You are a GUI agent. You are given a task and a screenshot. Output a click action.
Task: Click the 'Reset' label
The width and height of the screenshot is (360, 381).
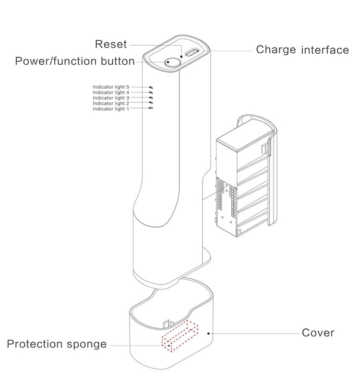click(111, 44)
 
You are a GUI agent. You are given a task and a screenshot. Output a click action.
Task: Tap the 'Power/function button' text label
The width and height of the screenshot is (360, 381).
click(75, 61)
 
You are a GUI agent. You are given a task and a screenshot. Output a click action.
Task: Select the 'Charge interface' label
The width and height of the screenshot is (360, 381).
click(302, 50)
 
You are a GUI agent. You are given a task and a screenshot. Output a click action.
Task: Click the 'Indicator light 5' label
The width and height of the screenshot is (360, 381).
click(111, 87)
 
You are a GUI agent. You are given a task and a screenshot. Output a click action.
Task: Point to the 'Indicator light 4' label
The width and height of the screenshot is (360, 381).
click(111, 93)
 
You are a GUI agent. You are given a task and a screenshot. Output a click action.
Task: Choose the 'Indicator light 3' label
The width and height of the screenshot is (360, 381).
click(111, 98)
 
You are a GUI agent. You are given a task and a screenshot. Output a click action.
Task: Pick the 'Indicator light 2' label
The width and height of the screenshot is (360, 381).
click(111, 103)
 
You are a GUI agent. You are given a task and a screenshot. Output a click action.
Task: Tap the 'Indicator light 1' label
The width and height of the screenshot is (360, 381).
click(111, 109)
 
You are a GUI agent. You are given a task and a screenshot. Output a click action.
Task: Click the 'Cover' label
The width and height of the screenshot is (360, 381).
click(318, 333)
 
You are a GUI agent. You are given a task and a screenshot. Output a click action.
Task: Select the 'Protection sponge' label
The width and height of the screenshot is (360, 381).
click(57, 345)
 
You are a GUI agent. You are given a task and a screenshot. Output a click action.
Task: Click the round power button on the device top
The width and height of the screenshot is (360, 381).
click(171, 61)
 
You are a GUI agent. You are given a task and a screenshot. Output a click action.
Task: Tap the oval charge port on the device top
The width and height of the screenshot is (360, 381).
click(192, 53)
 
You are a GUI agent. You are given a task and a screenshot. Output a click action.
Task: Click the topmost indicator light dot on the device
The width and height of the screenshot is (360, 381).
click(151, 87)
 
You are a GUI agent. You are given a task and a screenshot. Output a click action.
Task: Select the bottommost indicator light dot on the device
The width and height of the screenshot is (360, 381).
click(151, 108)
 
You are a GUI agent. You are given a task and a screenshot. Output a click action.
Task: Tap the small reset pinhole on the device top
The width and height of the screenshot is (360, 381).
click(181, 57)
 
